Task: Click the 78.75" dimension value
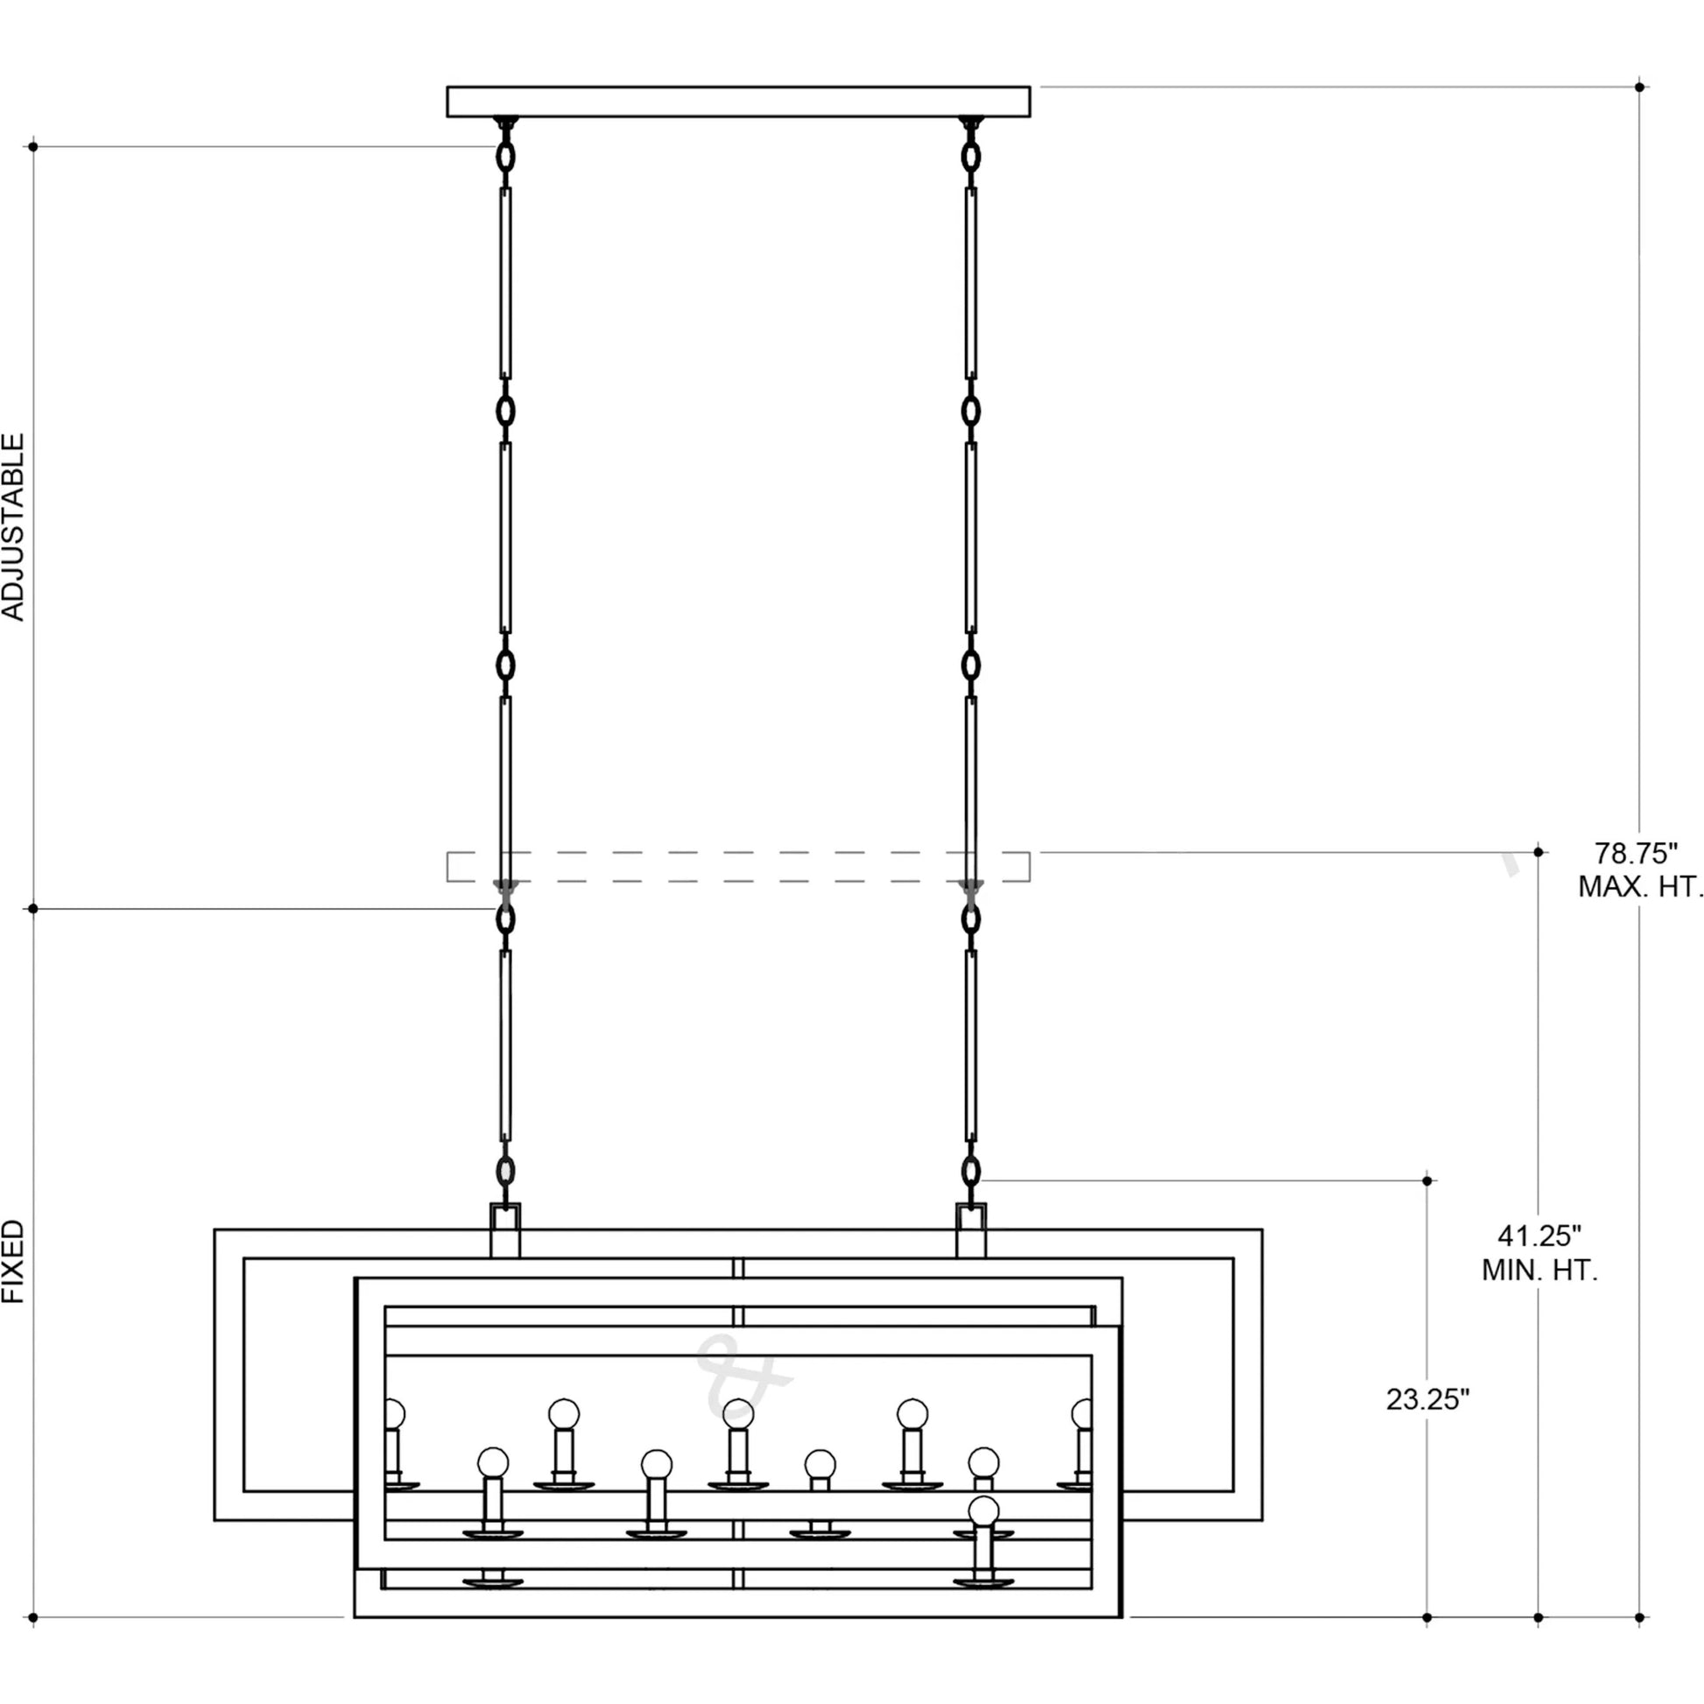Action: [x=1635, y=853]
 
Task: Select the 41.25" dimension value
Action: [x=1539, y=1235]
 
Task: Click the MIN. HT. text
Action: [x=1540, y=1270]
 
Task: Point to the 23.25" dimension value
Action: [x=1428, y=1399]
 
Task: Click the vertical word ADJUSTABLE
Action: [x=14, y=527]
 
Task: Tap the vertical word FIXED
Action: [x=14, y=1262]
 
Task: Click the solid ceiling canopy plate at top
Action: [x=738, y=102]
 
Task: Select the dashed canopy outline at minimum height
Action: [x=738, y=866]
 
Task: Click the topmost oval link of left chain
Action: [x=505, y=157]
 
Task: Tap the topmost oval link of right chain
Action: [x=971, y=157]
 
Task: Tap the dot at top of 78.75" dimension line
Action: [x=1639, y=87]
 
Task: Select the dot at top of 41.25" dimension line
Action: [x=1539, y=852]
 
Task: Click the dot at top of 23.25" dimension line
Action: [x=1428, y=1180]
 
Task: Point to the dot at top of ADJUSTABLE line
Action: [x=33, y=146]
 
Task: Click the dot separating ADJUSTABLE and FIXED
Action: [x=33, y=908]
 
